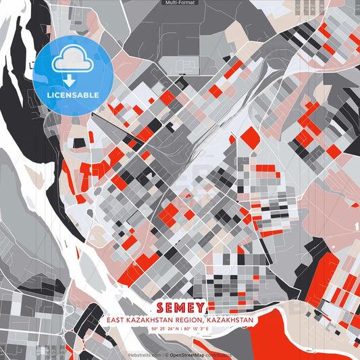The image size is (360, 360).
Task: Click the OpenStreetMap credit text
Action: [188, 354]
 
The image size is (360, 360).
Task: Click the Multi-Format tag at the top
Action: [180, 3]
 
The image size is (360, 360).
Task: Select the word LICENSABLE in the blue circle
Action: [73, 95]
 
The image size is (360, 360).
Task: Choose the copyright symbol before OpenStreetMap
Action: [164, 354]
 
